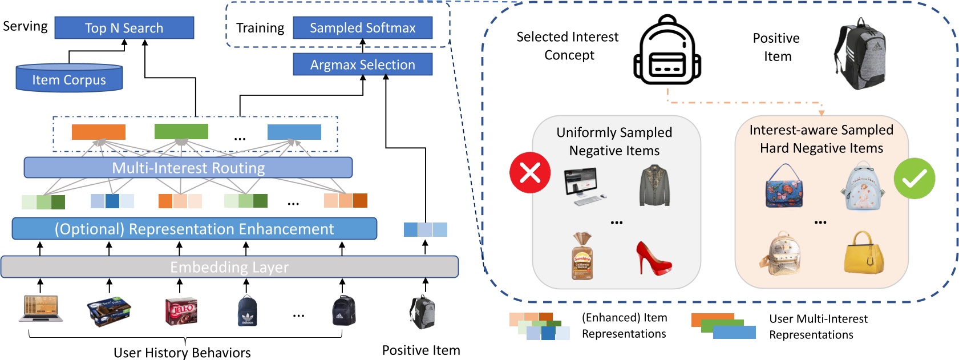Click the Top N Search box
tap(124, 28)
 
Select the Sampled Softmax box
tap(362, 28)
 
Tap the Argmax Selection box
tap(362, 64)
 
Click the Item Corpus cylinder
tap(69, 79)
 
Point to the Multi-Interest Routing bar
tap(188, 168)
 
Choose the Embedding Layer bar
tap(229, 267)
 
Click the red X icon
tap(530, 172)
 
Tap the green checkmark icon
tap(915, 179)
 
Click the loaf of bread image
tap(582, 256)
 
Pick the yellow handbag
tap(864, 252)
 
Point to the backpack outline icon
tap(667, 50)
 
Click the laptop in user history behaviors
tap(41, 309)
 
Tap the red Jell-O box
tap(181, 312)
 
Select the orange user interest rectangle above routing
tap(99, 132)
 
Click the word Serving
tap(25, 26)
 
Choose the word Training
tap(260, 28)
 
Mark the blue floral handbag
tap(784, 186)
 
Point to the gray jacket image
tap(654, 185)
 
